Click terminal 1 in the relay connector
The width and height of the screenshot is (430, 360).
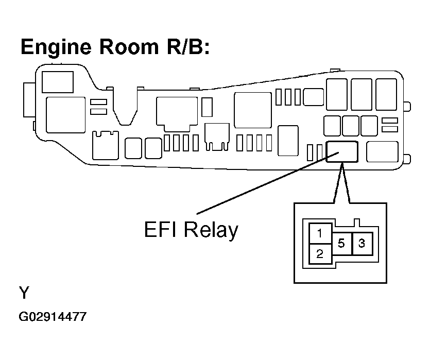tap(320, 233)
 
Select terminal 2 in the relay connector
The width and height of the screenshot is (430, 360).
tap(320, 253)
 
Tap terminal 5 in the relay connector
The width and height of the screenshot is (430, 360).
tap(341, 243)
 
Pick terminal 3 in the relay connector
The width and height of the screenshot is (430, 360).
tap(362, 243)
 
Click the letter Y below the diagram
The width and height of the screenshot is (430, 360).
tap(24, 294)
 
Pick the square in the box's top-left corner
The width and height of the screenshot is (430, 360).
tap(57, 82)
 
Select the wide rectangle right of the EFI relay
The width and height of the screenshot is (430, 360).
tap(382, 151)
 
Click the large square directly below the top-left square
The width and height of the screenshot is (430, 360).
tap(65, 115)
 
